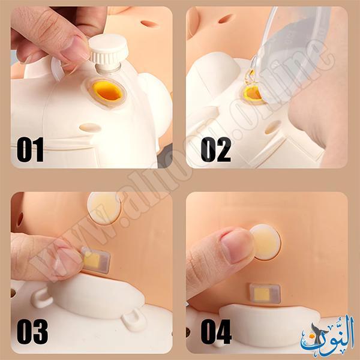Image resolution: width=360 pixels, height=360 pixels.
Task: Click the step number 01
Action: (x=30, y=149)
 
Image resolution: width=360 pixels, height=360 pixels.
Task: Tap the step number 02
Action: (x=216, y=149)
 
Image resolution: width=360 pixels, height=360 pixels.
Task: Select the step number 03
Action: (x=32, y=331)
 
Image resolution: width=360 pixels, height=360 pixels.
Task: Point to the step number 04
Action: (x=216, y=331)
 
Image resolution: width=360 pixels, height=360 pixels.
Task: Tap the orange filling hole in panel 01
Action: (x=108, y=91)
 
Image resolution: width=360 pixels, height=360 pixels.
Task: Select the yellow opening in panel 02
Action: (x=253, y=94)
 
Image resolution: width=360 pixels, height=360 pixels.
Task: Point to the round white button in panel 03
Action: (x=104, y=208)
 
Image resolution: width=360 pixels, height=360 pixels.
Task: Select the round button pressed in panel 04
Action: (x=265, y=242)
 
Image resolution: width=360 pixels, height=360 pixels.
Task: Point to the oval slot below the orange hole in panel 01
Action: (x=90, y=127)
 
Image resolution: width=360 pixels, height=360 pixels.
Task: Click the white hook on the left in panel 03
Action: (x=41, y=298)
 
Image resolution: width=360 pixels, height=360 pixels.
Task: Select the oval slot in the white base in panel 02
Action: (x=273, y=127)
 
